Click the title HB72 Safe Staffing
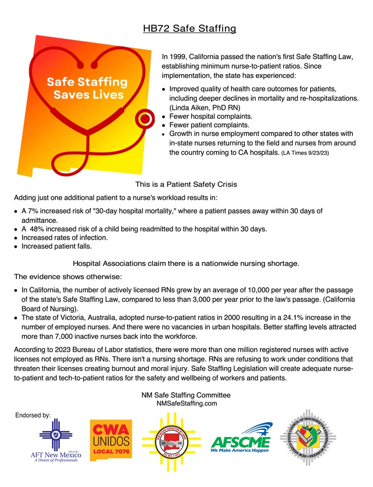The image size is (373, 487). point(190,29)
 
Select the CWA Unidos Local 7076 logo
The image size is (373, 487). point(111,440)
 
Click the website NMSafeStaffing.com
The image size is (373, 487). point(186,404)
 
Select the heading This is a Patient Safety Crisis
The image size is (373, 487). point(186,184)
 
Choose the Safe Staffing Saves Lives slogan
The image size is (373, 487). point(86,88)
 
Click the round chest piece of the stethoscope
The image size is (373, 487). point(145,119)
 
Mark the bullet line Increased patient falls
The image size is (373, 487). point(56,247)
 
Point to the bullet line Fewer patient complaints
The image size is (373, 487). point(210,125)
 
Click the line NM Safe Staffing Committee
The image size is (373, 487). point(186,395)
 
